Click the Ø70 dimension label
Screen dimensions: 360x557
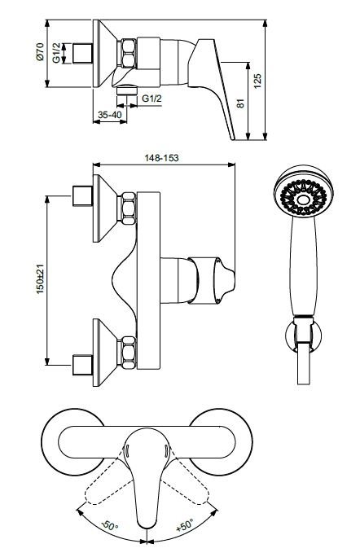pos(40,51)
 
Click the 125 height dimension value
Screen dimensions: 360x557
pos(258,81)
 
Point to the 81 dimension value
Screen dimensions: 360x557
pos(240,103)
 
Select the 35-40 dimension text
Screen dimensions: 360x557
pos(110,115)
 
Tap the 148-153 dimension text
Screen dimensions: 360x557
pos(162,158)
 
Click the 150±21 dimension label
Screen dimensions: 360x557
pos(40,279)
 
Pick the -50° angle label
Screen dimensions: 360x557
pos(109,525)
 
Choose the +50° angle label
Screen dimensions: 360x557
pos(186,524)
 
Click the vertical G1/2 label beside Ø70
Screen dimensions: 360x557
pos(57,53)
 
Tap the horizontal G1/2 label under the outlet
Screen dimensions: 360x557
pos(151,98)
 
